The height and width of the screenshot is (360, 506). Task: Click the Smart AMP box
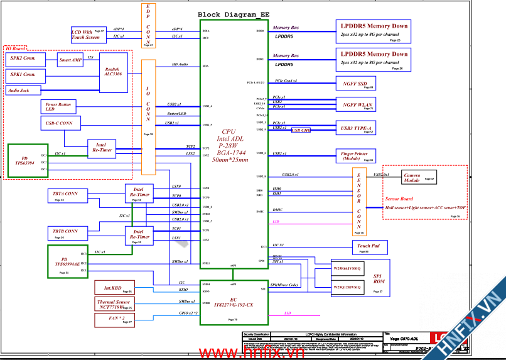70,60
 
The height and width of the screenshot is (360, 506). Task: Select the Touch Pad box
368,247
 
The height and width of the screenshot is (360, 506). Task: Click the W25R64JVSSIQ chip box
347,268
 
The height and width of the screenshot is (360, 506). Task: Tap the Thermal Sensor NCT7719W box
114,305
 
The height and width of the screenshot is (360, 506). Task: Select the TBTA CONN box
67,196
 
